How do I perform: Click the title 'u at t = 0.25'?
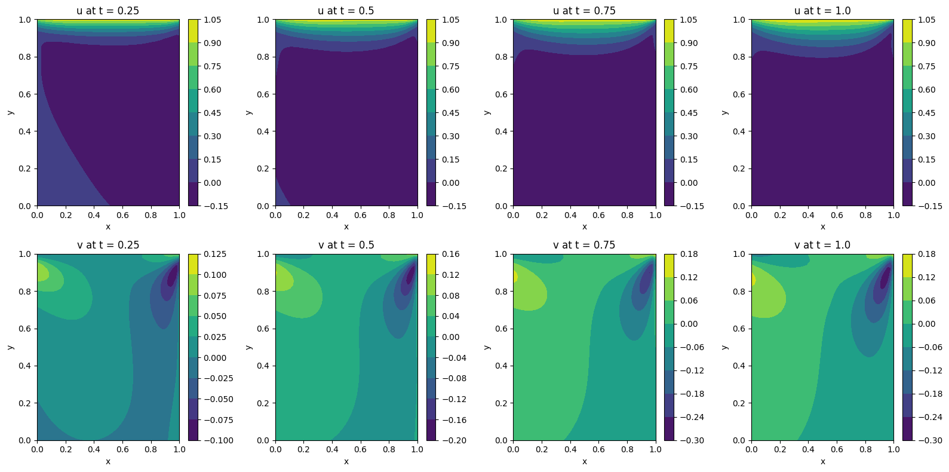point(108,11)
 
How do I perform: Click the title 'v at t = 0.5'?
point(346,245)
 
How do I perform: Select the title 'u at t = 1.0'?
point(822,11)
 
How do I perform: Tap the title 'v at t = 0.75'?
point(584,245)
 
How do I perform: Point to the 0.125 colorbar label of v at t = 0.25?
point(216,254)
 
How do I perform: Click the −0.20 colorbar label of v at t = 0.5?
point(454,440)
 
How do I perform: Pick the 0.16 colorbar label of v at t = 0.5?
point(451,254)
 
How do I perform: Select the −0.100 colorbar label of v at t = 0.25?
point(218,440)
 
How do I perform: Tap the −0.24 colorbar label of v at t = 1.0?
point(930,417)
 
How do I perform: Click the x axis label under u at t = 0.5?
point(346,226)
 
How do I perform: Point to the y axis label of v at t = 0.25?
point(11,347)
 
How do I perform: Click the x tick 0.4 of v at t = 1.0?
point(808,449)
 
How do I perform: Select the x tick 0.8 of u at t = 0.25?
point(151,215)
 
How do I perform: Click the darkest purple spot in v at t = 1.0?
point(885,278)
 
